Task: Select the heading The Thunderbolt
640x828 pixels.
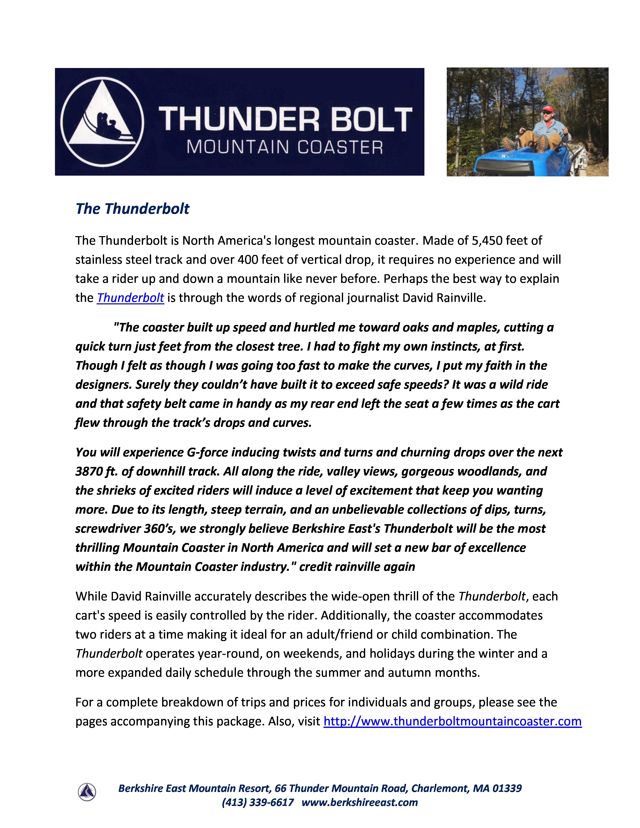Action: tap(132, 209)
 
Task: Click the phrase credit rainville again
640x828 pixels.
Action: tap(357, 567)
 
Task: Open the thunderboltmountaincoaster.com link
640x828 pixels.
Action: tap(452, 721)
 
